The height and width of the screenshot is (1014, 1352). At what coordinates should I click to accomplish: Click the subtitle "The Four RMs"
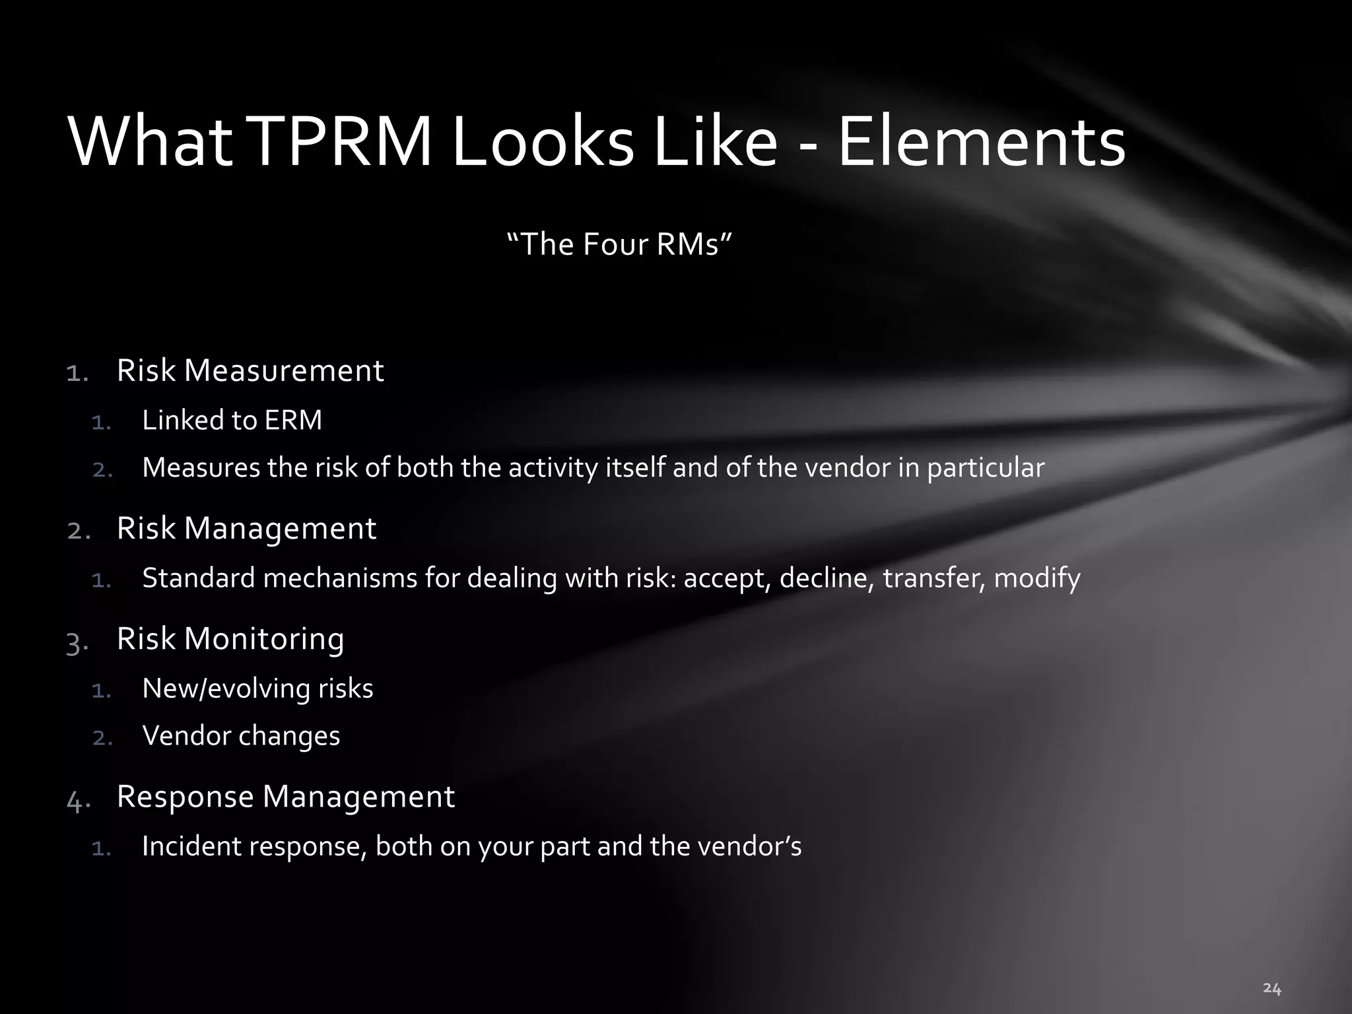619,244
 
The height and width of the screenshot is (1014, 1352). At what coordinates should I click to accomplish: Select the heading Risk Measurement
250,370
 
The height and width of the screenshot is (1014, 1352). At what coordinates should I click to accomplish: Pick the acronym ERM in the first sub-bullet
292,421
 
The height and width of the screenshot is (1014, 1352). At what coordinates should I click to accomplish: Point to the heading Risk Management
246,528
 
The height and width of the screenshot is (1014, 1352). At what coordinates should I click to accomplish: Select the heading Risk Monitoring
230,638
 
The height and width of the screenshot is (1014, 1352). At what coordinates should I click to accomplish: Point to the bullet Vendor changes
241,736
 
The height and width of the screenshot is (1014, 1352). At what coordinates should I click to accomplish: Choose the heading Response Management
286,796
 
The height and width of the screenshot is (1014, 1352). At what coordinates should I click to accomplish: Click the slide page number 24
1271,988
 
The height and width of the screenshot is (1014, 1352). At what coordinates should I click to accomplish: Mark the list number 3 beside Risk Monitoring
76,642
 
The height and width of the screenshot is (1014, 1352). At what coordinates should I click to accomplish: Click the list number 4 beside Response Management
77,801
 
